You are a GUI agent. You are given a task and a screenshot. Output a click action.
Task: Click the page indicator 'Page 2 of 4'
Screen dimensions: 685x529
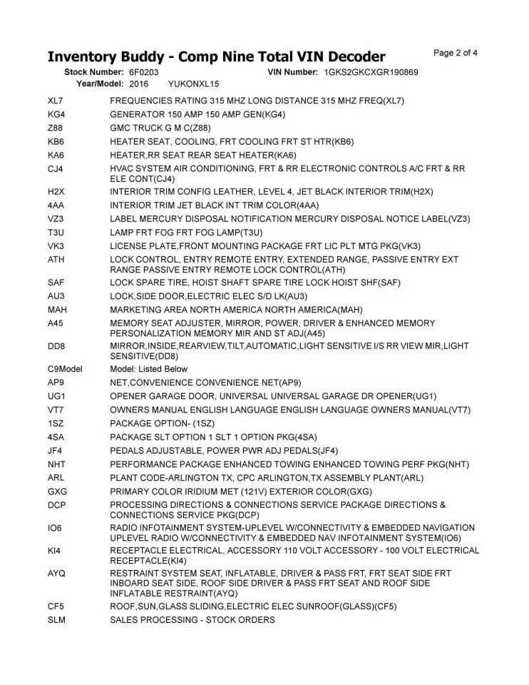click(x=456, y=52)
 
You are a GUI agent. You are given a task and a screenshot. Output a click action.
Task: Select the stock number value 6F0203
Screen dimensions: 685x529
click(x=144, y=73)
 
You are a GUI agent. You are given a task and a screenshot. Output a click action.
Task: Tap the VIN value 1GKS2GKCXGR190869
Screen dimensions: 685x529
click(x=370, y=73)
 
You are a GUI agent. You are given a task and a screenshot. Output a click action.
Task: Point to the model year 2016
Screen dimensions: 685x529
click(x=139, y=83)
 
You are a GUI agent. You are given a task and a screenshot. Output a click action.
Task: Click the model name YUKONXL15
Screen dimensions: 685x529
click(x=194, y=83)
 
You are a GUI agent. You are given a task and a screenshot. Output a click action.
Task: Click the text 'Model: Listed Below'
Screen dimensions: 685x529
click(x=149, y=369)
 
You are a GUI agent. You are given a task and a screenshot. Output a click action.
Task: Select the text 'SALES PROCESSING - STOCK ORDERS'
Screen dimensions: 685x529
click(x=192, y=620)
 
